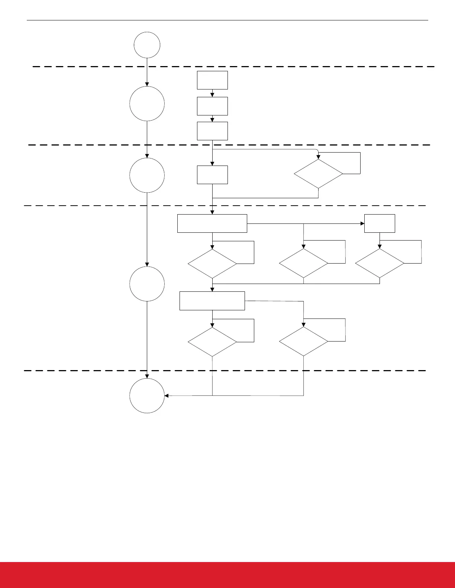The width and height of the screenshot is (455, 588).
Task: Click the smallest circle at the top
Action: point(147,45)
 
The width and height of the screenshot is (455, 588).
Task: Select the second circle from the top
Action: point(147,104)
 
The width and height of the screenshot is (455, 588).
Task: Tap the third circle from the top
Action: point(147,175)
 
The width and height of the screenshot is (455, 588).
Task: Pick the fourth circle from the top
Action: point(147,284)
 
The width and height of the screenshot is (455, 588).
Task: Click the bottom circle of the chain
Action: point(147,396)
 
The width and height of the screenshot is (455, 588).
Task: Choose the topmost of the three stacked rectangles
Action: point(212,80)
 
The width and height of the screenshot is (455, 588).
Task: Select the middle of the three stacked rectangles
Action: point(212,106)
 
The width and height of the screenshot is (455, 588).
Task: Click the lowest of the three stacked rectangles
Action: point(212,131)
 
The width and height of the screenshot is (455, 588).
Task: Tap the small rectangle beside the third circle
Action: point(212,175)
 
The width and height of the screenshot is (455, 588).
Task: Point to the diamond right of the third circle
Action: point(319,174)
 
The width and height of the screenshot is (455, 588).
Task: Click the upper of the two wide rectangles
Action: point(212,223)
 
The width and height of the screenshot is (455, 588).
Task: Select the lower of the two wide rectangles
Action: point(212,301)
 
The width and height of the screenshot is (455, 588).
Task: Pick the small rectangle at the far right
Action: point(380,223)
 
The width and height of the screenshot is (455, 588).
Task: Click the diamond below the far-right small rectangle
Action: point(380,263)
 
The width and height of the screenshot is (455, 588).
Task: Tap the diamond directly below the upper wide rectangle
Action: point(212,264)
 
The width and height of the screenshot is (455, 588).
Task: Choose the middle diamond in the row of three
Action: point(304,263)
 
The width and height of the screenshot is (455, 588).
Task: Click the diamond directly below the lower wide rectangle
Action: point(212,342)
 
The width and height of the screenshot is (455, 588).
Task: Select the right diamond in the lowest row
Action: point(304,342)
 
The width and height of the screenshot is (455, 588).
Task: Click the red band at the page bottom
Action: point(227,575)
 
